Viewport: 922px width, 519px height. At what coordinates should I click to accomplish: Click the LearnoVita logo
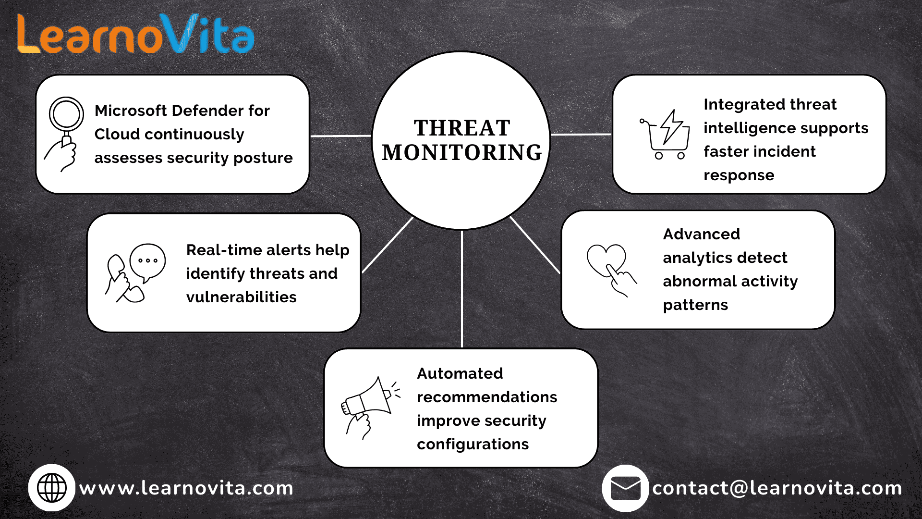[x=135, y=34]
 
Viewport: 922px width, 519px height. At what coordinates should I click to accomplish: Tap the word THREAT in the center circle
[x=462, y=128]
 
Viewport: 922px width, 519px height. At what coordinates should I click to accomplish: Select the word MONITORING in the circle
[x=462, y=152]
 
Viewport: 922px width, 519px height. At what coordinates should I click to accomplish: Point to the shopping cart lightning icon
[x=665, y=135]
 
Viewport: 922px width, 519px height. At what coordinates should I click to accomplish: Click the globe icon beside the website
[x=52, y=488]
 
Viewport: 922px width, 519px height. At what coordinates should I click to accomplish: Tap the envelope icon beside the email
[x=625, y=488]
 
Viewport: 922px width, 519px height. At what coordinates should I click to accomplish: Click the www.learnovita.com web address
[x=186, y=488]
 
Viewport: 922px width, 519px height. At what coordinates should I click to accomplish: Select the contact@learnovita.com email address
[x=777, y=488]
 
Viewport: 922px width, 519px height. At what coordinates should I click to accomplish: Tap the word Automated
[x=460, y=373]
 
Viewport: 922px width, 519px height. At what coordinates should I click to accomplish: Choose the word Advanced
[x=702, y=234]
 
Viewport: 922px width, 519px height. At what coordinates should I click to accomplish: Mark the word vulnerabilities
[x=242, y=297]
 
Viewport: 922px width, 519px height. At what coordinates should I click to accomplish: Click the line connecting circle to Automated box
[x=462, y=289]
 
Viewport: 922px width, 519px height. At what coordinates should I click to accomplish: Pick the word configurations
[x=473, y=445]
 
